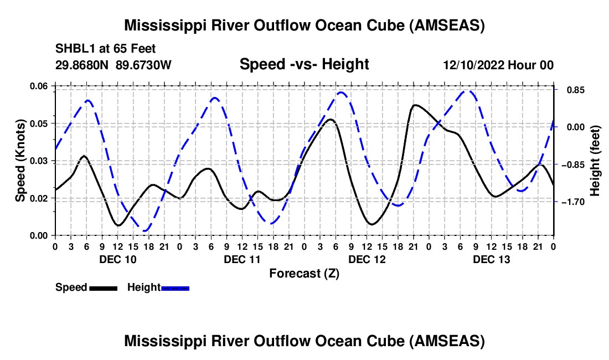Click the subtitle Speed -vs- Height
pyautogui.click(x=304, y=64)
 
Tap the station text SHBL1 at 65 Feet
pyautogui.click(x=105, y=49)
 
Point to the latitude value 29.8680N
pyautogui.click(x=82, y=65)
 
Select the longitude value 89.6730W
pyautogui.click(x=143, y=65)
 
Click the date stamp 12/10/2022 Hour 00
pyautogui.click(x=498, y=65)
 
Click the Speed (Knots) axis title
pyautogui.click(x=20, y=161)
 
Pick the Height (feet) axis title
pyautogui.click(x=595, y=161)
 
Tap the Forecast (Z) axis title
pyautogui.click(x=304, y=274)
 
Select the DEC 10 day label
pyautogui.click(x=118, y=259)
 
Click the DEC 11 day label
pyautogui.click(x=242, y=259)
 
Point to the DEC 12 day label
pyautogui.click(x=367, y=259)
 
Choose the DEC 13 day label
pyautogui.click(x=491, y=259)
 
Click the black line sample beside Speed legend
pyautogui.click(x=104, y=288)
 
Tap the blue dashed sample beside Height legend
pyautogui.click(x=175, y=288)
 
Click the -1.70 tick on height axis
pyautogui.click(x=571, y=202)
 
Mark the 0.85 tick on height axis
pyautogui.click(x=575, y=90)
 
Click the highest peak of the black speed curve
pyautogui.click(x=415, y=105)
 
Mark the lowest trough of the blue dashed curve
pyautogui.click(x=145, y=231)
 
